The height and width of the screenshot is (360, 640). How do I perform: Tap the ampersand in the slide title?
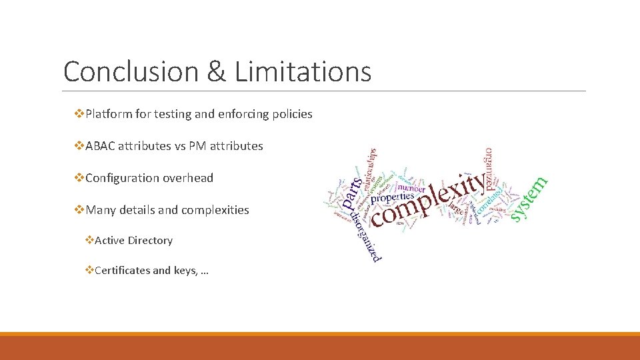click(216, 71)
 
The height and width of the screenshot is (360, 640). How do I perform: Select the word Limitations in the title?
click(303, 71)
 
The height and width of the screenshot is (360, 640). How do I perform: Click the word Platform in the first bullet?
click(109, 114)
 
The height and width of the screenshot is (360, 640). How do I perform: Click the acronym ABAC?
click(101, 146)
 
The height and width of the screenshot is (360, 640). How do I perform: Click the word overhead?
click(191, 178)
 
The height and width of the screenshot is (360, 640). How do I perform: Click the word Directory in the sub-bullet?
click(151, 241)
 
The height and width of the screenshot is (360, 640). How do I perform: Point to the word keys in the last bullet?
click(183, 270)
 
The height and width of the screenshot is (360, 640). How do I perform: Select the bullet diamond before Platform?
click(81, 114)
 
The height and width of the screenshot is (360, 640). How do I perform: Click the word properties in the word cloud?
click(393, 198)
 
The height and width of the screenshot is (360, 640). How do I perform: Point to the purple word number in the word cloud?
click(411, 188)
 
